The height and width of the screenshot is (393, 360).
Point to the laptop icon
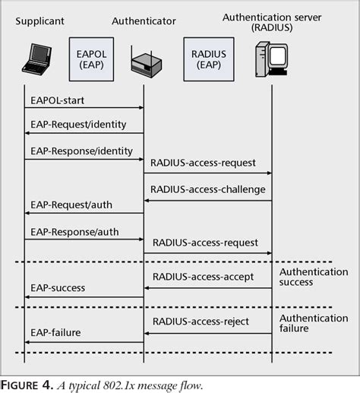[33, 61]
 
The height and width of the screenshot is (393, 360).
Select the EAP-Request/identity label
[78, 124]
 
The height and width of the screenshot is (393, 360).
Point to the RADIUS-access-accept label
[203, 277]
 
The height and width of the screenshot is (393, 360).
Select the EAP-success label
[58, 288]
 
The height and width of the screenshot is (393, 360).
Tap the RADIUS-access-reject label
[201, 322]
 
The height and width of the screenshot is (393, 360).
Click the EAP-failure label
[55, 333]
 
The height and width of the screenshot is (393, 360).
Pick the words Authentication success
[314, 277]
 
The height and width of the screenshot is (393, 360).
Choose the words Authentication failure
[314, 323]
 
